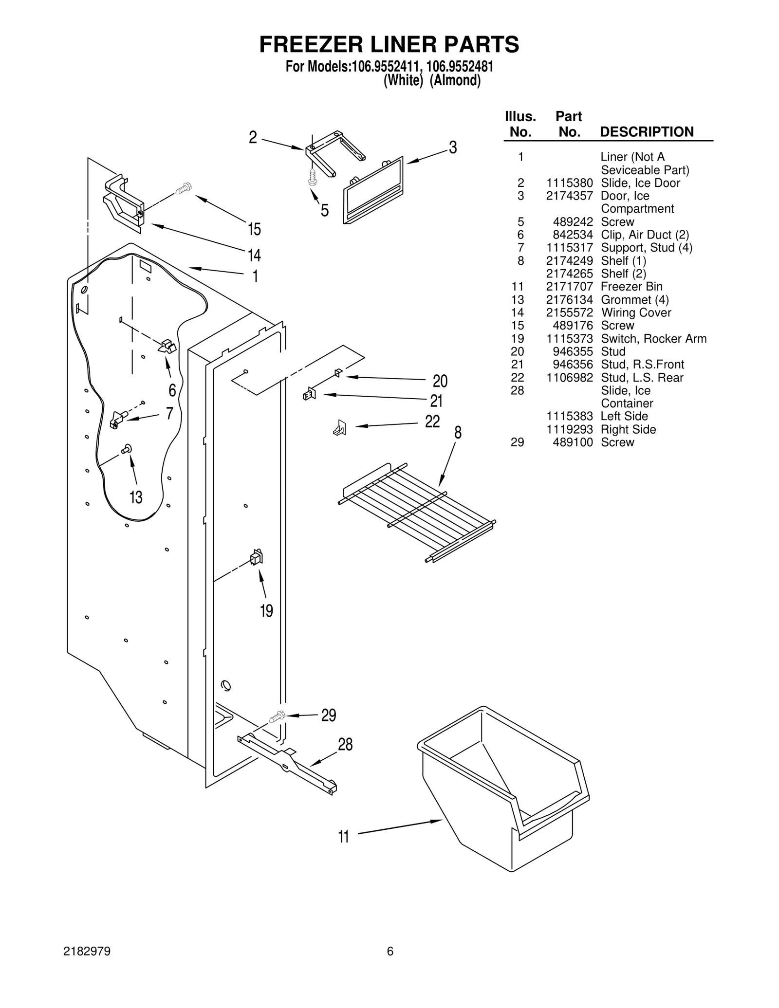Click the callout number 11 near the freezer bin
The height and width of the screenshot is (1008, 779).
click(x=344, y=837)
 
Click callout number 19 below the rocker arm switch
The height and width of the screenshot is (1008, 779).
click(x=266, y=610)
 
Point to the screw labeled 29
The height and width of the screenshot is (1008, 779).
click(x=278, y=717)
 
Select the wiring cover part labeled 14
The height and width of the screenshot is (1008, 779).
click(x=124, y=204)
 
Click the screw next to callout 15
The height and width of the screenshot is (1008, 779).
click(x=184, y=188)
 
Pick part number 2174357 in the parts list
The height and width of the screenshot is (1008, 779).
click(x=569, y=196)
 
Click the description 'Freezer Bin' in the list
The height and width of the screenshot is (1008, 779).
click(x=631, y=287)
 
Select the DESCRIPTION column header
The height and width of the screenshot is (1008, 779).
click(x=647, y=132)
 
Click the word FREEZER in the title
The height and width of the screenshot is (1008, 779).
click(x=312, y=45)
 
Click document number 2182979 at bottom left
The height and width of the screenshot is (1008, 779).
click(x=87, y=952)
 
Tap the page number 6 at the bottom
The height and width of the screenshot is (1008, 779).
click(x=390, y=952)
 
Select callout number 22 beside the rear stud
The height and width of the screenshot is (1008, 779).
click(x=432, y=421)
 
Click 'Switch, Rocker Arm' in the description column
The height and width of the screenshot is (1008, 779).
click(x=653, y=339)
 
